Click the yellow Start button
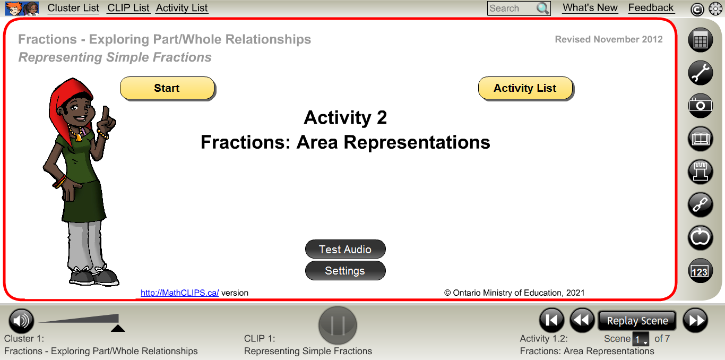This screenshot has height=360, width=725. click(167, 88)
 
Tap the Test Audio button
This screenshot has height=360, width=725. click(345, 249)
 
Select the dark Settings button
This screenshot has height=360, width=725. click(345, 271)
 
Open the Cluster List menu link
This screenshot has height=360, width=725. click(73, 8)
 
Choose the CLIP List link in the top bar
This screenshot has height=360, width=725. click(128, 8)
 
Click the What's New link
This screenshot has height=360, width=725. click(590, 8)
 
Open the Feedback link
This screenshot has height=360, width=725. click(651, 8)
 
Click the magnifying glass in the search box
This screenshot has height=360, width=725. click(542, 8)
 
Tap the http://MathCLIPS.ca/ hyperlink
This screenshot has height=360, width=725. click(179, 293)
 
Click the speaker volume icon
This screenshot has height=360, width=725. click(21, 321)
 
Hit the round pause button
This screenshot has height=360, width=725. click(338, 325)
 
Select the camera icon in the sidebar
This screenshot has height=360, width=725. click(701, 106)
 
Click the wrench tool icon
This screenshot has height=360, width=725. click(701, 73)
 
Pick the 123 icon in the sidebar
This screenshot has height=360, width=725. click(701, 271)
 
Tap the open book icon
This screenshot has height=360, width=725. click(701, 139)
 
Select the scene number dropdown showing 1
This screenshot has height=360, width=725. click(641, 339)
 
